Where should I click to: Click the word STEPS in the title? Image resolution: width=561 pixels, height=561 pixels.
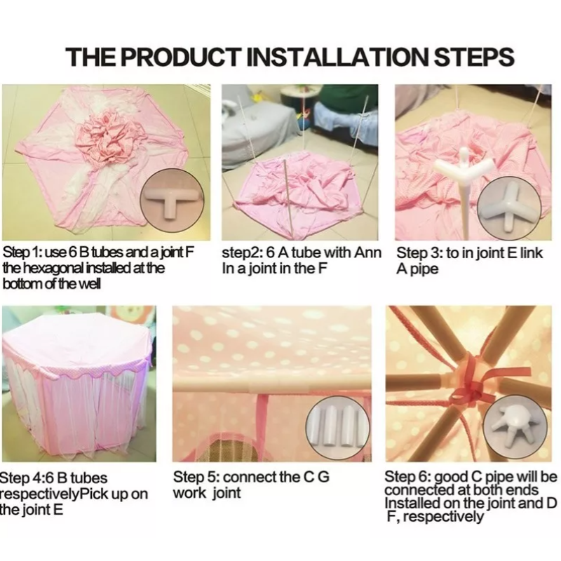[x=475, y=57]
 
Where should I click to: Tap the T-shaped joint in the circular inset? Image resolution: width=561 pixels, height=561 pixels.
[x=172, y=201]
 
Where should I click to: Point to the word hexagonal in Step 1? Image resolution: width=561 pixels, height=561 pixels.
[x=62, y=269]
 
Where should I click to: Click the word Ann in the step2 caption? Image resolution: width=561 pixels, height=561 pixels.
[x=367, y=252]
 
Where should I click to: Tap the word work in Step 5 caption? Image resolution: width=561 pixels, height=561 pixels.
[x=189, y=494]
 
